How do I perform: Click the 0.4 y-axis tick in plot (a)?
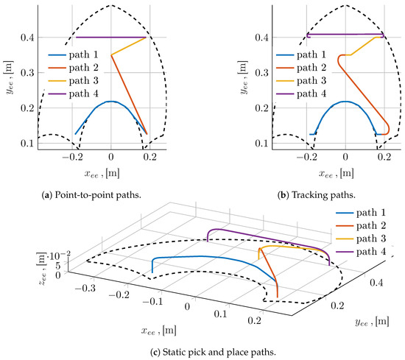(22, 37)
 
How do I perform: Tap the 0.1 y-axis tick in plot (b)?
(256, 142)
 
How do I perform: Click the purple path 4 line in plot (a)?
(110, 37)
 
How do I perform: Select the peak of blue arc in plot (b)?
(345, 102)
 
